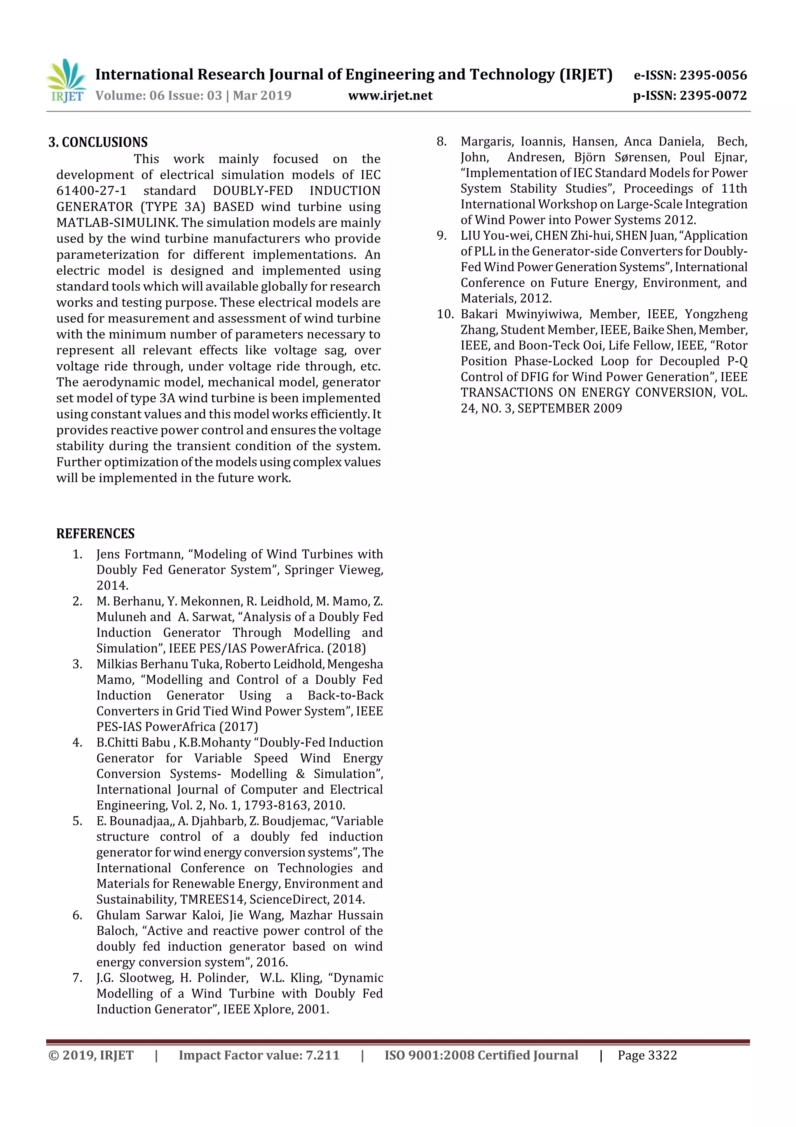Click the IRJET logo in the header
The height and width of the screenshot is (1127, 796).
(x=66, y=81)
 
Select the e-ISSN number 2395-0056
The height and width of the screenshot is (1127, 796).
(x=712, y=75)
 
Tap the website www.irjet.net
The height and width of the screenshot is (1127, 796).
(x=390, y=96)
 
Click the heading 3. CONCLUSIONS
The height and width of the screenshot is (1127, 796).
(x=98, y=142)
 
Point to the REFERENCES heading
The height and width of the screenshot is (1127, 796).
(x=95, y=534)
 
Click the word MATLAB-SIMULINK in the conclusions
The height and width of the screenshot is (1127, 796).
(x=117, y=223)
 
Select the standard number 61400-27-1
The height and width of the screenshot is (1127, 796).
(x=91, y=191)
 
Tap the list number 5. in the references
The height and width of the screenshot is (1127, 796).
(x=77, y=821)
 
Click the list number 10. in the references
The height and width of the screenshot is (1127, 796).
(x=445, y=314)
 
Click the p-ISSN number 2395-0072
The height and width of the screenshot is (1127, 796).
(x=712, y=96)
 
